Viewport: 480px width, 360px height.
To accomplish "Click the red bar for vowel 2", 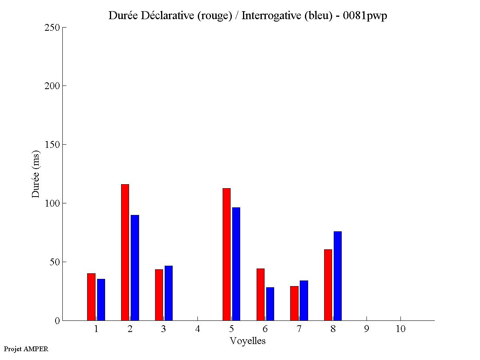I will [125, 252].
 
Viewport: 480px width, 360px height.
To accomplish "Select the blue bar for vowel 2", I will [135, 268].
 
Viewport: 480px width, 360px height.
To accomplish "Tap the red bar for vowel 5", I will [227, 254].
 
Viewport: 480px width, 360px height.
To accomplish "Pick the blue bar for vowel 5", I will [236, 264].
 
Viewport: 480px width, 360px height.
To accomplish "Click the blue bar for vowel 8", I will [338, 276].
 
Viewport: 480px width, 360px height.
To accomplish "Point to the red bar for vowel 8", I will [328, 285].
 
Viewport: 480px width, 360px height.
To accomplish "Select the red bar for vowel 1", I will [91, 297].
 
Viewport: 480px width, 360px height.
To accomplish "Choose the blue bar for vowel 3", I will [169, 293].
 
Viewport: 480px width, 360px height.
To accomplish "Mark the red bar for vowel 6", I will [261, 294].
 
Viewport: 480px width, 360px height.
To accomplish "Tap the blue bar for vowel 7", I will [304, 300].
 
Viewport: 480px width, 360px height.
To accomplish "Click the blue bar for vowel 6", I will [270, 304].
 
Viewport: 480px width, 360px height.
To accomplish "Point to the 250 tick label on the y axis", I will [52, 28].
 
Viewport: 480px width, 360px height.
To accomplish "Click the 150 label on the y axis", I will [52, 145].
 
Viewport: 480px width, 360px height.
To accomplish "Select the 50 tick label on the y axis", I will [55, 262].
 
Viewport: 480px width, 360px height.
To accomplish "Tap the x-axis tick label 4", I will [197, 329].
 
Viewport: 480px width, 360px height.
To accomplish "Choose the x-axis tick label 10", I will [400, 329].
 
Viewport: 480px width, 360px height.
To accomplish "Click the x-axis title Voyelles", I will [248, 341].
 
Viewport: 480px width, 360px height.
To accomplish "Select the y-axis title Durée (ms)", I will [36, 174].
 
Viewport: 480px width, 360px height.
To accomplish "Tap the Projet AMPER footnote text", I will [26, 349].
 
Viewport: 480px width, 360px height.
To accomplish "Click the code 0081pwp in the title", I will [365, 16].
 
